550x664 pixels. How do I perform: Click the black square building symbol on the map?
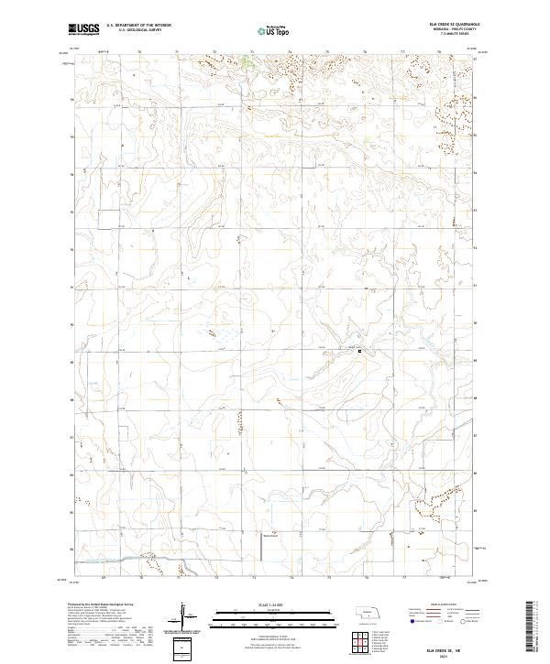point(359,351)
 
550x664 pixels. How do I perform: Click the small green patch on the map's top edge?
point(247,62)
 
